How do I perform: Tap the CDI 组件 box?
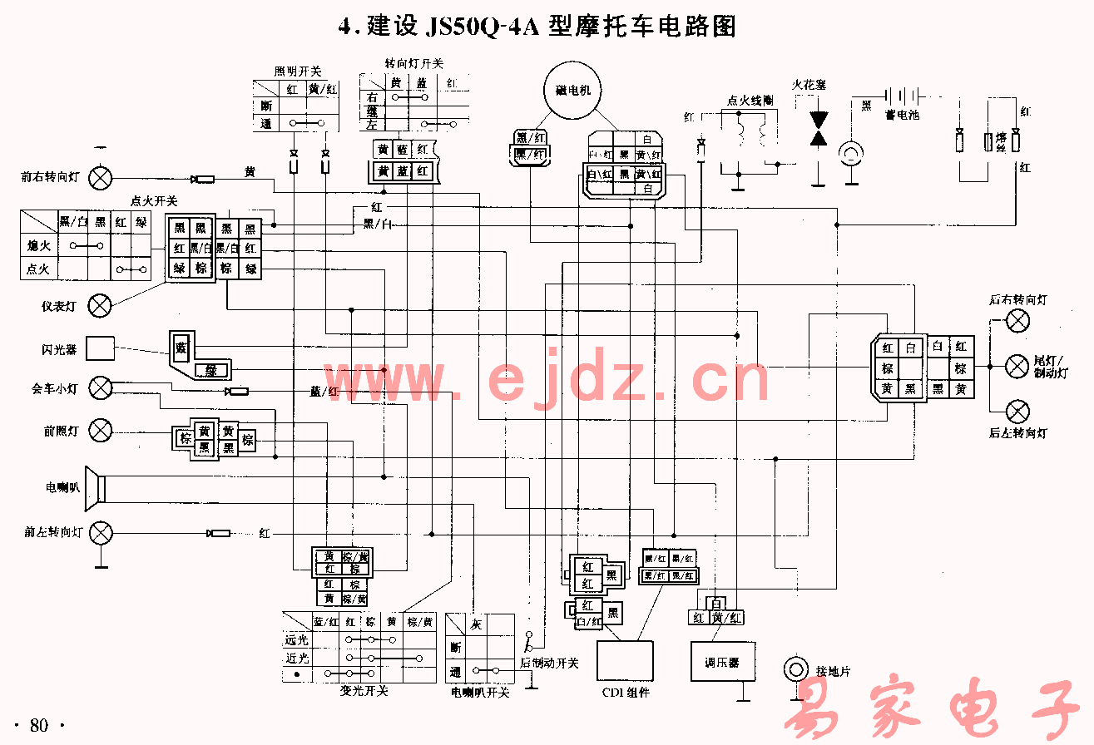tap(625, 662)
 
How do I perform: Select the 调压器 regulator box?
tap(721, 662)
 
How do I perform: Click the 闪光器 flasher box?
tap(101, 348)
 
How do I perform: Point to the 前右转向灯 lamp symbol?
tap(101, 178)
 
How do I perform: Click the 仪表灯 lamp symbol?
tap(99, 306)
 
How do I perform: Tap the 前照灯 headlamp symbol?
tap(101, 430)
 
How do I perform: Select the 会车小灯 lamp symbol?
tap(101, 387)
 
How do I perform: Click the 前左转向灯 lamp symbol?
tap(101, 532)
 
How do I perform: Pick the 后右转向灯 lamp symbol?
tap(1018, 320)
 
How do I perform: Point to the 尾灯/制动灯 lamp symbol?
tap(1018, 365)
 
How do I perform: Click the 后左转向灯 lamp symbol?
tap(1018, 410)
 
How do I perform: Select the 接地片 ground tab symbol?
tap(796, 669)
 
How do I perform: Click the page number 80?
tap(39, 725)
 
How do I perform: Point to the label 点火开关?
tap(154, 201)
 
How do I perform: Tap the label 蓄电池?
tap(902, 116)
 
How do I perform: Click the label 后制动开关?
tap(549, 663)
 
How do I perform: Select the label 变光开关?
tap(364, 691)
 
